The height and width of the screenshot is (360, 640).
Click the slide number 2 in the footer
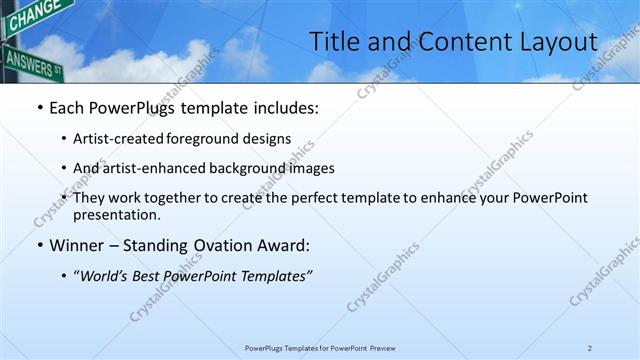(x=590, y=348)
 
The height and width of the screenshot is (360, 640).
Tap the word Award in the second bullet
(x=281, y=245)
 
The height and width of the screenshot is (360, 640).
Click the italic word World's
(x=108, y=276)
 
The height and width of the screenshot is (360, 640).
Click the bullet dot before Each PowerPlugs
(x=39, y=107)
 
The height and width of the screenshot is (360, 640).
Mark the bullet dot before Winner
(x=39, y=245)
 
